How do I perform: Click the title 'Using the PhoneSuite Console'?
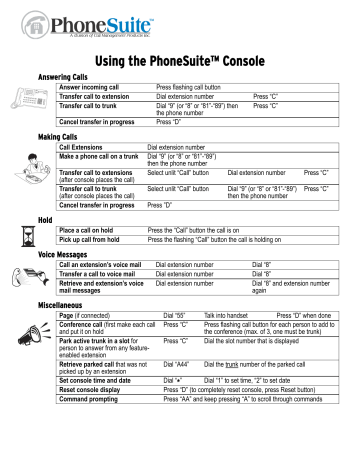click(180, 62)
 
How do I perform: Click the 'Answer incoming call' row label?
click(88, 87)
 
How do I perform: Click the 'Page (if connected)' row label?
click(85, 314)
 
